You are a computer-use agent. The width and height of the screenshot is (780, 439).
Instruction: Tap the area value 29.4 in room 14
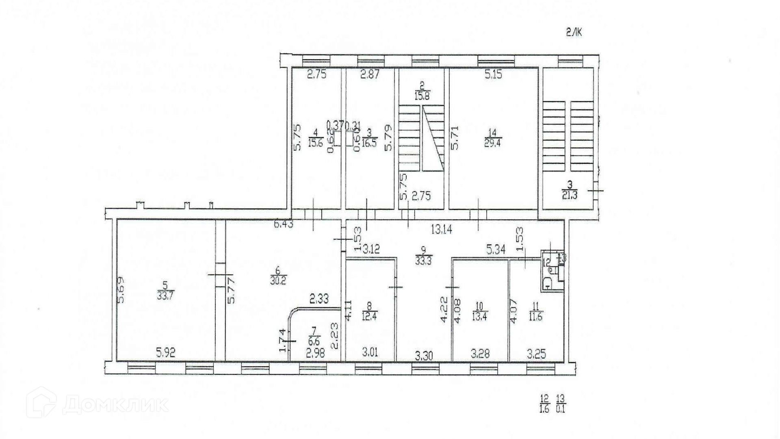(x=492, y=143)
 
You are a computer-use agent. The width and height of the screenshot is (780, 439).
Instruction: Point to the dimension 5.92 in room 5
(x=166, y=352)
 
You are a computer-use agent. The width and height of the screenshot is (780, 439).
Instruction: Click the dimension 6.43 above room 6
(x=284, y=224)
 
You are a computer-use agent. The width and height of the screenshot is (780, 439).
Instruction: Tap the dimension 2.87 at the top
(x=370, y=74)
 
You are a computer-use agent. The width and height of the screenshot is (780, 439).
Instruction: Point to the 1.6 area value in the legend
(x=544, y=409)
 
